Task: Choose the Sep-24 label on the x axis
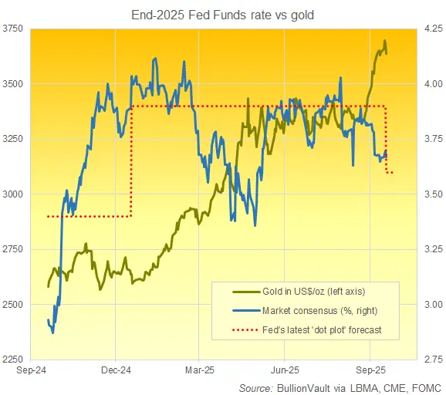click(30, 370)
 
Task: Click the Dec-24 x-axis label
click(114, 370)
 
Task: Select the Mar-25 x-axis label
click(198, 370)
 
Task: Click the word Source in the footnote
click(255, 385)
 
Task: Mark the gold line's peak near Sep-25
click(385, 42)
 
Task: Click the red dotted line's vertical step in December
click(131, 162)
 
